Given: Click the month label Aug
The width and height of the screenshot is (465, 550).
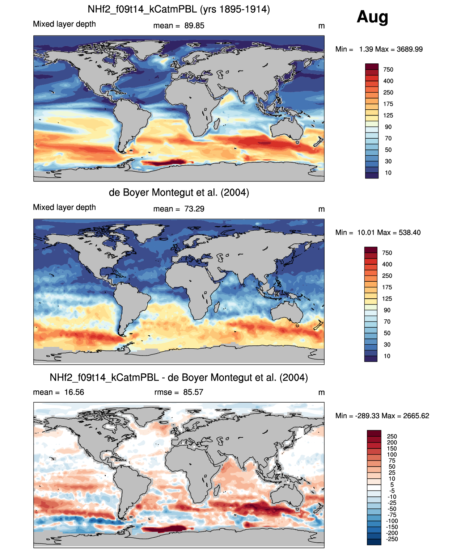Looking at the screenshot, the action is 372,17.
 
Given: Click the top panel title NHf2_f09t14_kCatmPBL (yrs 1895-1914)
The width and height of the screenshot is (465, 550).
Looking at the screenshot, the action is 179,9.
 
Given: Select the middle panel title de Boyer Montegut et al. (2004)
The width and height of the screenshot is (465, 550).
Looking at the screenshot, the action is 179,192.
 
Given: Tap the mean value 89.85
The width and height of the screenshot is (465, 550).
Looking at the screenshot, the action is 194,26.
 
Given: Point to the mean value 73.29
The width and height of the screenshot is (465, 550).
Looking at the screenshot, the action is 194,209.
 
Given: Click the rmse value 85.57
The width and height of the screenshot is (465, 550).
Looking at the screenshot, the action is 193,392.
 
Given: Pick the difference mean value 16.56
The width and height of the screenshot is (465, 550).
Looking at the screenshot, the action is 74,392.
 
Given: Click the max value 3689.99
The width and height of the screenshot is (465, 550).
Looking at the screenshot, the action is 409,49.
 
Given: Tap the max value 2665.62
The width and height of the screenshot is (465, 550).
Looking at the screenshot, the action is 416,416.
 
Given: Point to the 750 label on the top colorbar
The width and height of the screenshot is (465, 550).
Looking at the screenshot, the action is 388,70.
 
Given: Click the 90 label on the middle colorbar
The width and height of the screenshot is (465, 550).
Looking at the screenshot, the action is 387,310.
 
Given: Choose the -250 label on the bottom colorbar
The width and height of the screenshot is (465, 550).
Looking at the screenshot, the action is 392,539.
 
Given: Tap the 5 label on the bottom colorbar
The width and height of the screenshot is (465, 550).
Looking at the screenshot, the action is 392,484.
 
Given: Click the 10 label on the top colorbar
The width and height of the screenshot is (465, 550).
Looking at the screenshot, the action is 388,173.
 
